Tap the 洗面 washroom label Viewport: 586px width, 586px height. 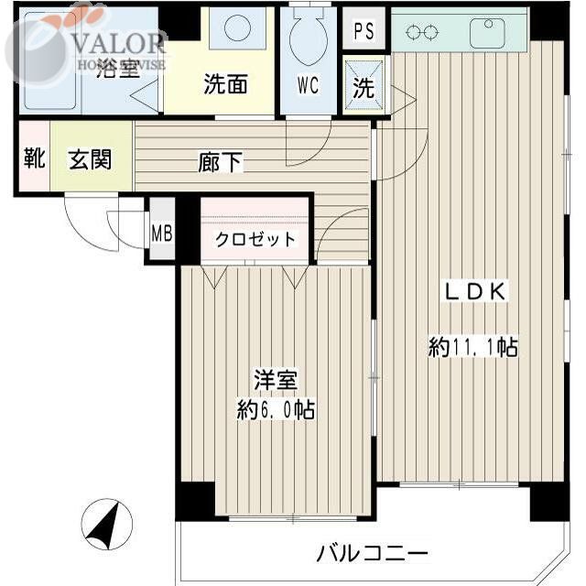click(225, 85)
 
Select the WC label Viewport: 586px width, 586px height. click(308, 86)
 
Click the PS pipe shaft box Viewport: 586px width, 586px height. click(364, 30)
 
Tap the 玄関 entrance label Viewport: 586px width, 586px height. click(90, 160)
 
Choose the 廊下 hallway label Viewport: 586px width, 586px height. click(221, 163)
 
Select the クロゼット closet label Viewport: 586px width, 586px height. click(255, 240)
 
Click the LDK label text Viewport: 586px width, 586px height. click(474, 292)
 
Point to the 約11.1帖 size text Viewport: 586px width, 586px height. click(472, 347)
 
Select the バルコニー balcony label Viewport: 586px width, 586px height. click(373, 554)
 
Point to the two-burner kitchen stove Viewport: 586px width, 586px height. click(422, 33)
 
